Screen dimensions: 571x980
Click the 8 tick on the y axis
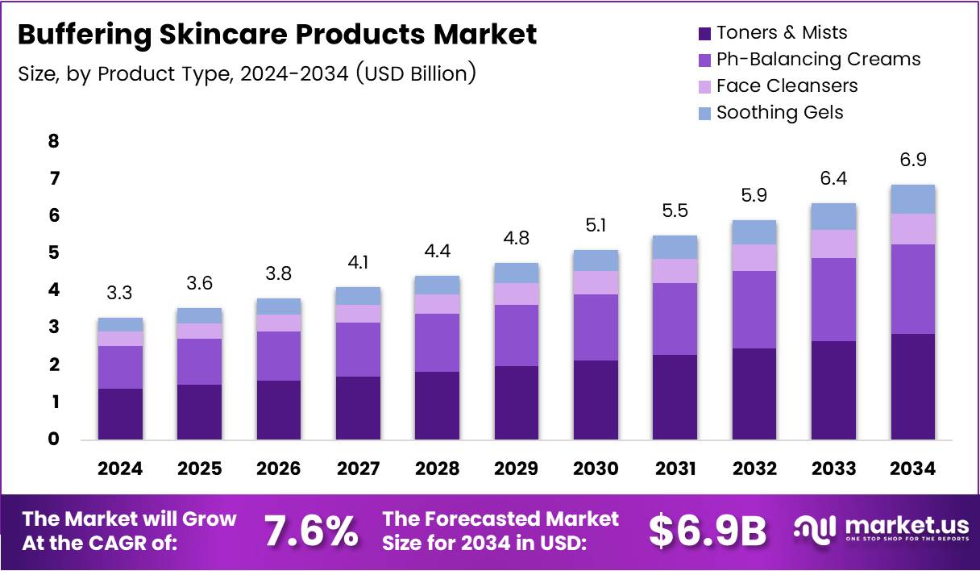[54, 142]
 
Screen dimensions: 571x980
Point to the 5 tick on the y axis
[54, 253]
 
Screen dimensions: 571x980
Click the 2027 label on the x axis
[359, 469]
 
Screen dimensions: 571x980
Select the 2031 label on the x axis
[675, 469]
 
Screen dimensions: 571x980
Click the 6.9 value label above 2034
[913, 160]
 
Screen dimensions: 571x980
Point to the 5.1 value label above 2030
[596, 225]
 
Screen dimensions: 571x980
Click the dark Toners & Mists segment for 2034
[913, 386]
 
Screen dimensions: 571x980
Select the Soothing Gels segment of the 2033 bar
[834, 216]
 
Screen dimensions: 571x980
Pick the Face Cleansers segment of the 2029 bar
[517, 294]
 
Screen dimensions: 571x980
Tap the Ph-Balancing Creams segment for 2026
[280, 356]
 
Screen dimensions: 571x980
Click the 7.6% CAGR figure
[311, 531]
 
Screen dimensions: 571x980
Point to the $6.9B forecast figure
[708, 531]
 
